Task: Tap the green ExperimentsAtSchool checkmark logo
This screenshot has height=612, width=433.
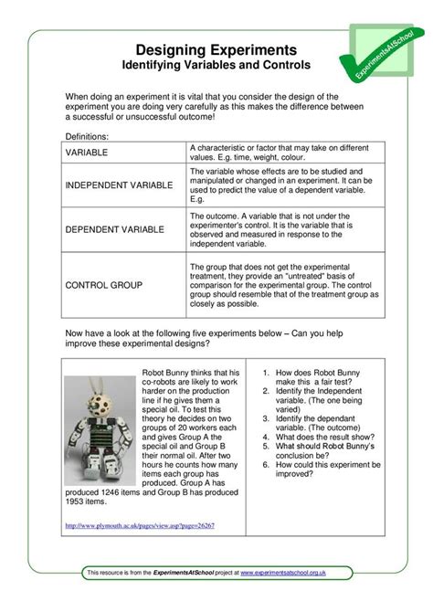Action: (x=376, y=54)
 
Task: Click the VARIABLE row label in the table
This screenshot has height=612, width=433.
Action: (x=90, y=153)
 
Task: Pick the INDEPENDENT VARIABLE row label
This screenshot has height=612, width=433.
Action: (x=119, y=185)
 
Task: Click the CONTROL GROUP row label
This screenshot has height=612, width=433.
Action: (x=103, y=285)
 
